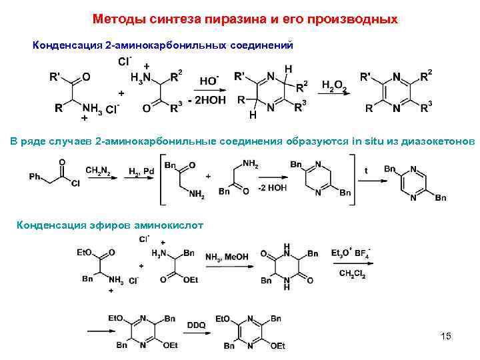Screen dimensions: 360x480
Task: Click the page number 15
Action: tap(446, 336)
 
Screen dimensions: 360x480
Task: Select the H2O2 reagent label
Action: tap(333, 85)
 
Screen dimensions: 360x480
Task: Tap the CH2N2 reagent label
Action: tap(98, 171)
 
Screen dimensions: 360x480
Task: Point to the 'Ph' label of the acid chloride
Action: tap(36, 177)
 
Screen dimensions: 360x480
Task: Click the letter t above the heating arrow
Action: tap(365, 171)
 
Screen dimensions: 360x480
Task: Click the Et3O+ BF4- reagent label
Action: tap(351, 254)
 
